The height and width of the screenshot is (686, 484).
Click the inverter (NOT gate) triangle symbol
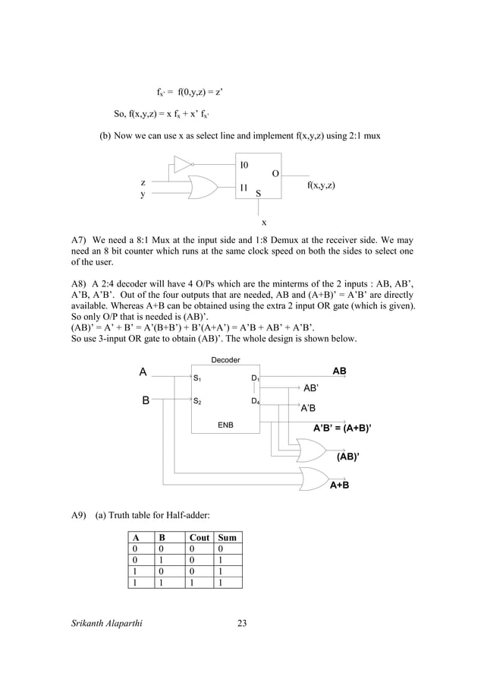182,163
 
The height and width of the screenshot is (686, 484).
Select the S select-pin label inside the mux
259,194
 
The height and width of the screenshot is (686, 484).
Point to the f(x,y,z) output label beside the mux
322,185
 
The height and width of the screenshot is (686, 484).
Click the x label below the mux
264,223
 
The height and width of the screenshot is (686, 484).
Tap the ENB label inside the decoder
225,426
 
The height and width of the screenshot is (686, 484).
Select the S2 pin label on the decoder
196,401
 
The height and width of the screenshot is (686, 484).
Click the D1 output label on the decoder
255,378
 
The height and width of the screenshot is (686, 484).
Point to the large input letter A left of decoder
142,372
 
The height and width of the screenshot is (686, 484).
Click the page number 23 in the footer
242,624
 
